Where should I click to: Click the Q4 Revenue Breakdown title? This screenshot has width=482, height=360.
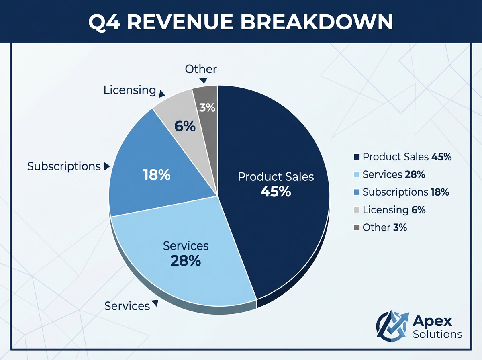tap(241, 22)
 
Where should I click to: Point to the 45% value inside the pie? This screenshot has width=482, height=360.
tap(276, 192)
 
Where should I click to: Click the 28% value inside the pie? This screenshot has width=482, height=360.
tap(186, 261)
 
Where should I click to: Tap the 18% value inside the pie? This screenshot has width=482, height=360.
tap(157, 175)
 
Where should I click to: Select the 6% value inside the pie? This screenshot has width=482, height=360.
tap(185, 127)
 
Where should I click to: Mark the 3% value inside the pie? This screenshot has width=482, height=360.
tap(207, 108)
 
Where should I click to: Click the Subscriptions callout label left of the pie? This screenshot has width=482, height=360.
tap(64, 166)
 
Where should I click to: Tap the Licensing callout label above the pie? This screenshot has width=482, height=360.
tap(129, 90)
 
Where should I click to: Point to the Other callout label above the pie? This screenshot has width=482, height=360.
tap(201, 69)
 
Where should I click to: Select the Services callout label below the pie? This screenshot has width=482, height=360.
tap(127, 306)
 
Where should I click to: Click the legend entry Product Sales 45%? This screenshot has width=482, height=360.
tap(403, 157)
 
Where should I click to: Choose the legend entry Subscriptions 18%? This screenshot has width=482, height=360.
tap(402, 192)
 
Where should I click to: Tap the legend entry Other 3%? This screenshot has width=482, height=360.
tap(381, 227)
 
